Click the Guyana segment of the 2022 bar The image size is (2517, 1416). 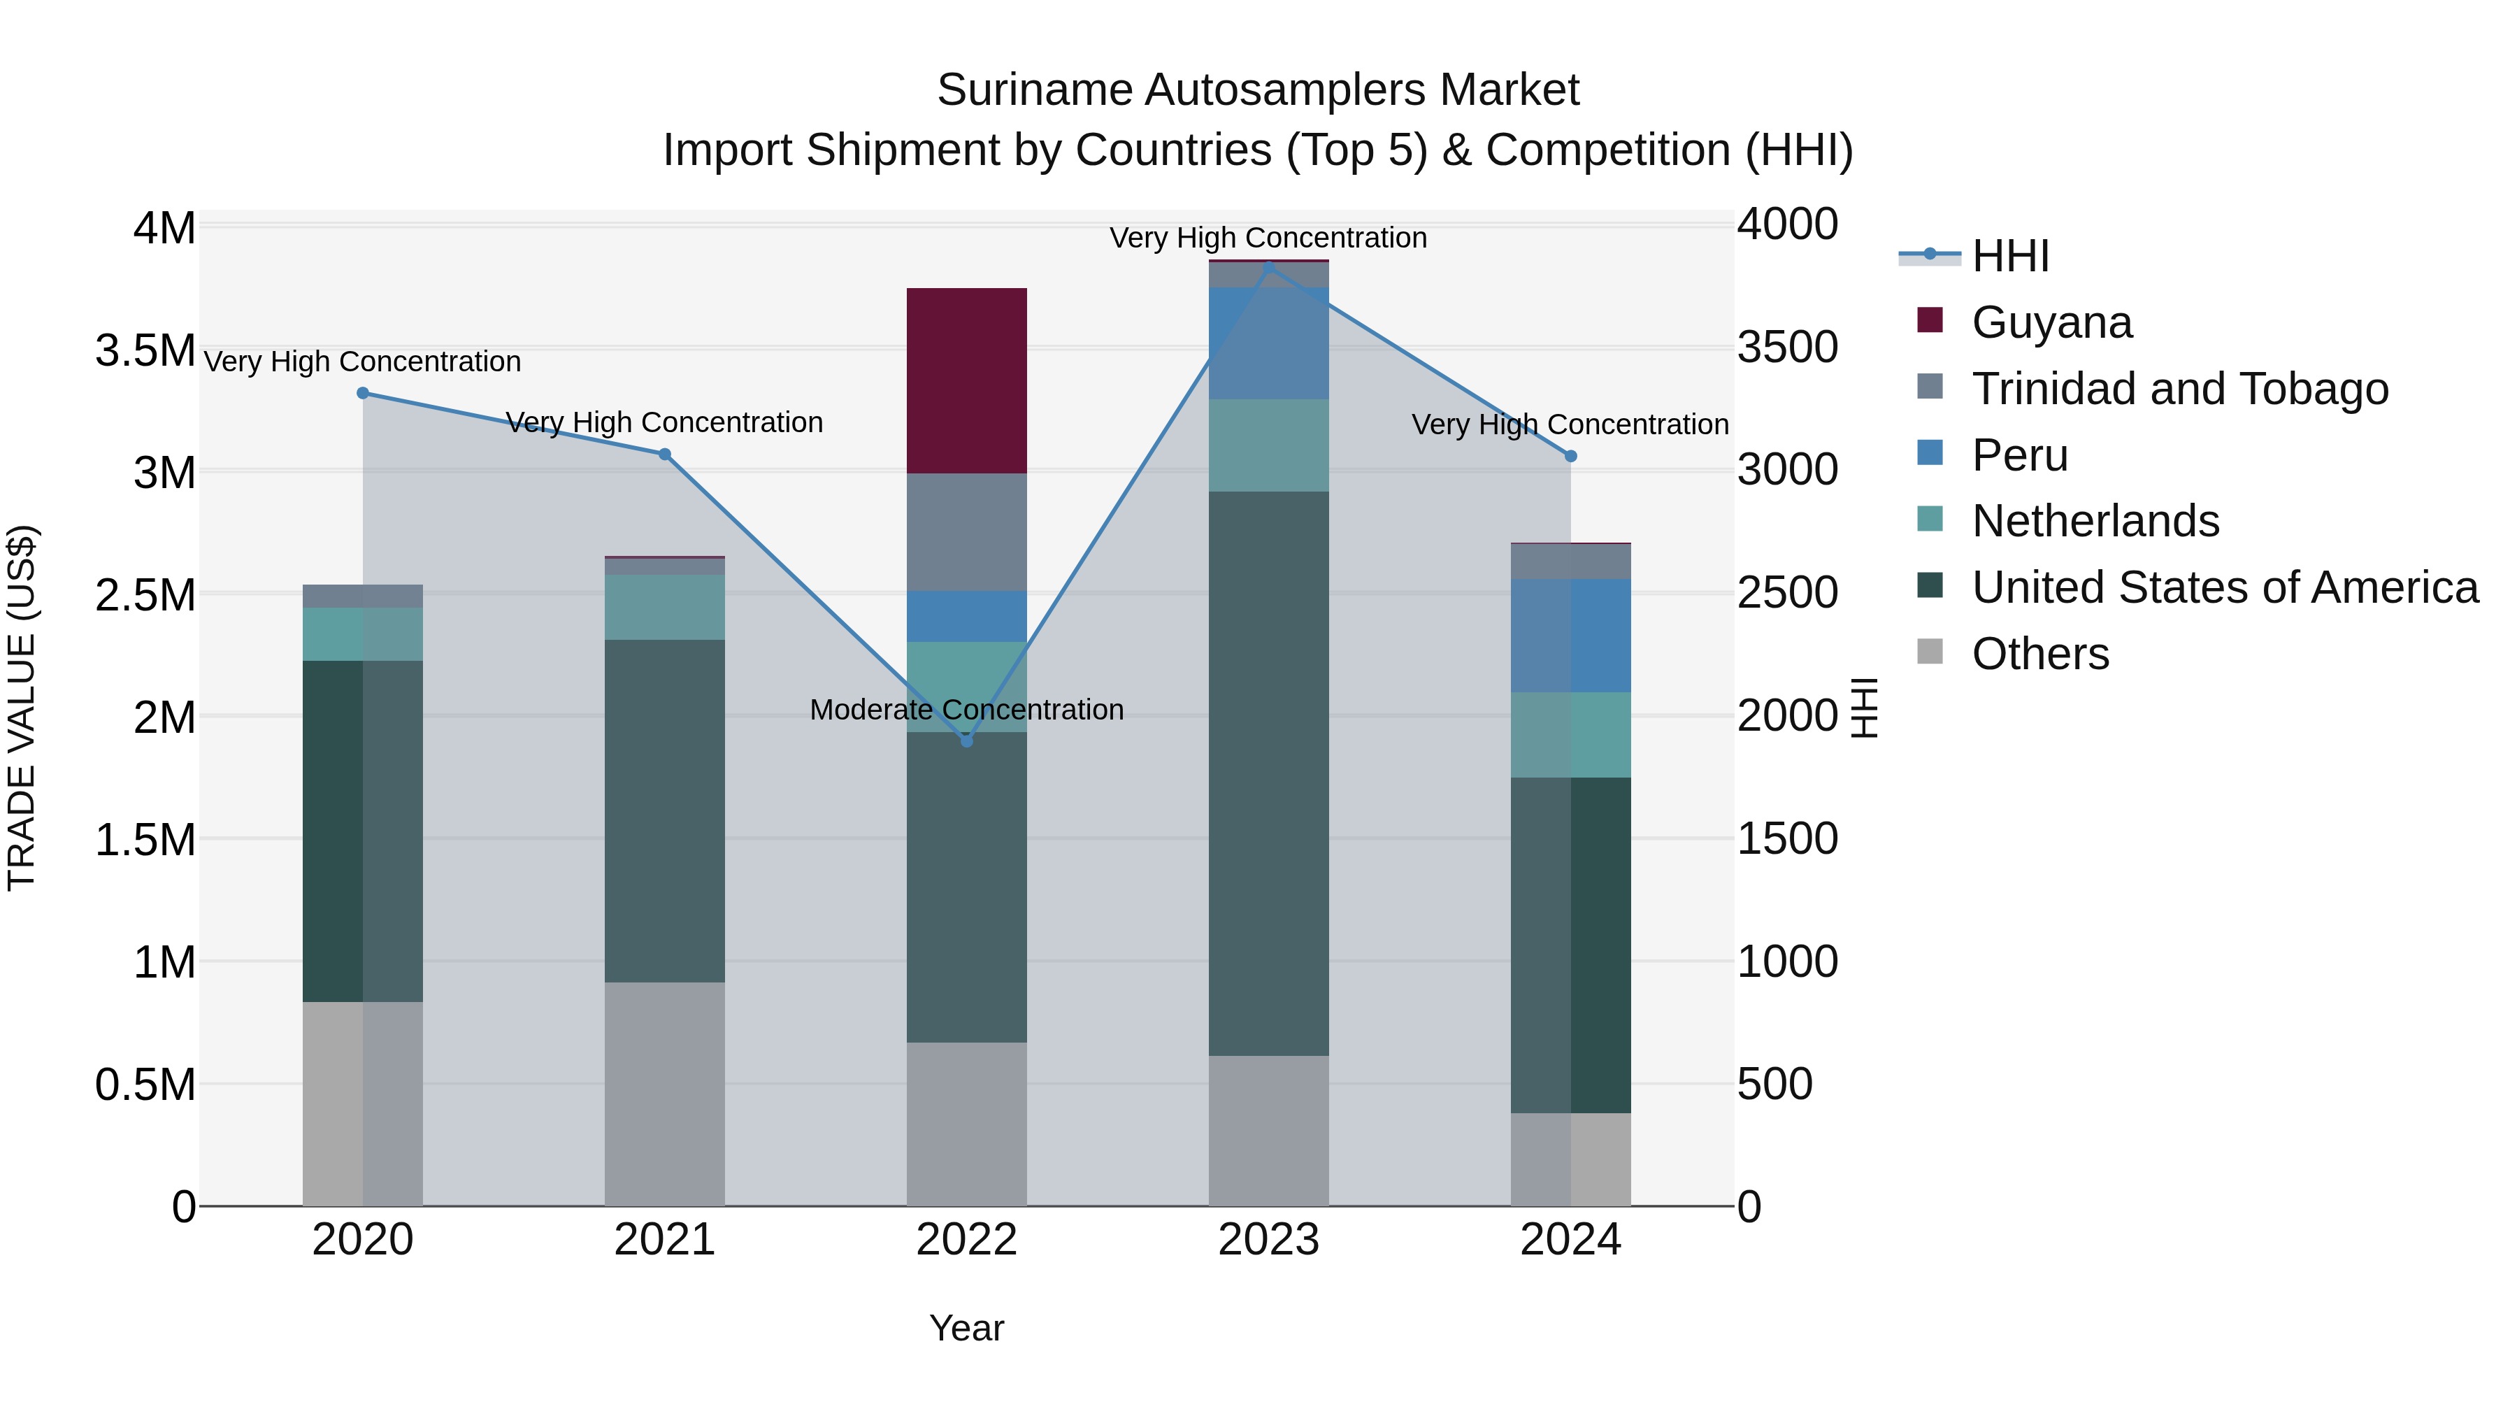(x=966, y=380)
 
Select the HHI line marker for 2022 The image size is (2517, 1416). (x=966, y=741)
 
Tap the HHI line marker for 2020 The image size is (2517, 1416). (x=362, y=393)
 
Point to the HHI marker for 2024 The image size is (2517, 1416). (x=1570, y=457)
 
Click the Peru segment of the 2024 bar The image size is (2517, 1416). (x=1570, y=635)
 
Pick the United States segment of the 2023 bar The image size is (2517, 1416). (x=1268, y=772)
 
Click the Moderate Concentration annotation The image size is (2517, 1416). (x=966, y=710)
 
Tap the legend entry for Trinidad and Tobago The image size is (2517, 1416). (x=2179, y=389)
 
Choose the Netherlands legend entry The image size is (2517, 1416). (x=2095, y=521)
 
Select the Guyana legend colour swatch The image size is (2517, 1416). (x=1930, y=320)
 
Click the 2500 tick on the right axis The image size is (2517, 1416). (x=1787, y=592)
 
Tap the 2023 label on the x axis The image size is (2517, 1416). (x=1268, y=1240)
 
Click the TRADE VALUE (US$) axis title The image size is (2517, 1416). (x=22, y=708)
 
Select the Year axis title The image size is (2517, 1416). (x=966, y=1328)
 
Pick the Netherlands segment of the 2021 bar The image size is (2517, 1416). (x=664, y=607)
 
